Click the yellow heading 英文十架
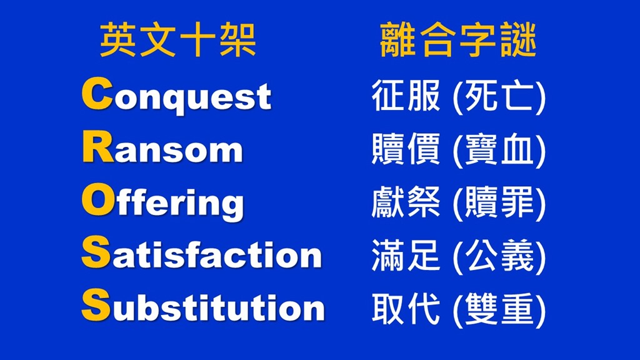178,40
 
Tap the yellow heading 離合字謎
457,40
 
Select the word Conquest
176,95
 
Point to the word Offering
163,202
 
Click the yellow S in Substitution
96,304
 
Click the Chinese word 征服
406,96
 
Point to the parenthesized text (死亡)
499,97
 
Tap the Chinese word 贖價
406,149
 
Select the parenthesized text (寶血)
499,150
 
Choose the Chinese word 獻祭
406,202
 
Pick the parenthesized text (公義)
499,256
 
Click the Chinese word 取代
406,309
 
